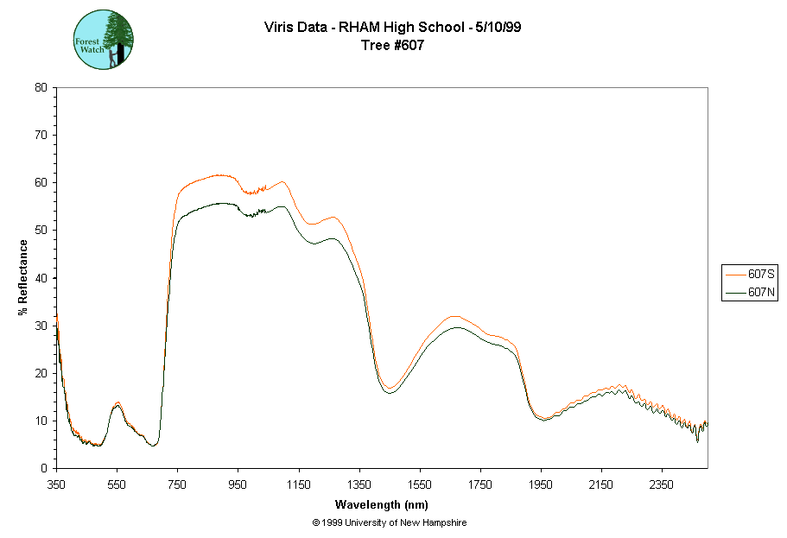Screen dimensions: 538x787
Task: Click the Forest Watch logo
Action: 104,40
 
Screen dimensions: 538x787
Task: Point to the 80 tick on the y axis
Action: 41,87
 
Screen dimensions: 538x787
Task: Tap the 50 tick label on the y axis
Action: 41,230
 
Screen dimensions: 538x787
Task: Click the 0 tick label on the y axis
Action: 44,468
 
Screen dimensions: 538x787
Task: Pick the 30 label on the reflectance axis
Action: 41,326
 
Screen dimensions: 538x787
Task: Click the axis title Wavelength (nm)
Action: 382,504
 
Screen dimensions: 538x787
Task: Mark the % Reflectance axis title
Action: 23,277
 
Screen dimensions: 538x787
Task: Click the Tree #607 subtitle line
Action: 392,46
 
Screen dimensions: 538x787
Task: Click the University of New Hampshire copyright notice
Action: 390,523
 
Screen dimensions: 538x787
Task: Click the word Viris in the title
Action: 279,27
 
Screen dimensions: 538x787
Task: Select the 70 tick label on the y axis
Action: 41,135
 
